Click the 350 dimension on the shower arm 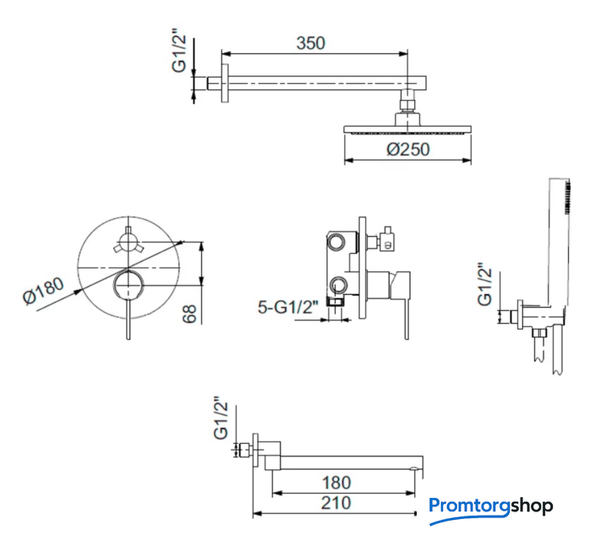(x=311, y=43)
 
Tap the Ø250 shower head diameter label (x=408, y=150)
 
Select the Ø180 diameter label (x=43, y=291)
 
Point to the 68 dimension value (x=190, y=314)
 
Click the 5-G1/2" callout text (x=288, y=308)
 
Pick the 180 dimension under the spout (x=336, y=483)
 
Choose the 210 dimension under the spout (x=336, y=503)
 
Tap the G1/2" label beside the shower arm (x=179, y=54)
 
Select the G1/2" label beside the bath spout (x=221, y=418)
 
